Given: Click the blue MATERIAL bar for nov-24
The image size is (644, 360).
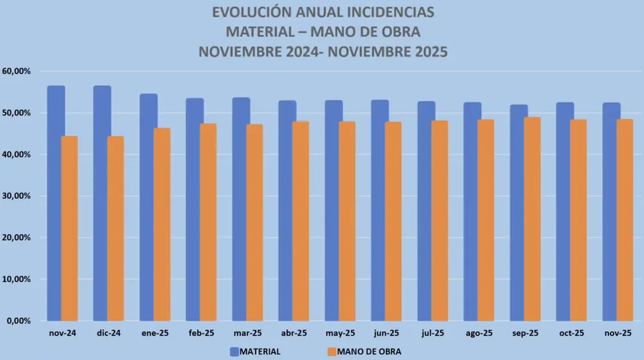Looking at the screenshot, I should (56, 203).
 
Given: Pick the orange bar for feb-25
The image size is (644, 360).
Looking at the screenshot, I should (208, 222).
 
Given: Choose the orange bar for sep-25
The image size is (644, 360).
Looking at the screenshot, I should (532, 219).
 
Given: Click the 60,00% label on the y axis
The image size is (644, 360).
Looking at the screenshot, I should (17, 71).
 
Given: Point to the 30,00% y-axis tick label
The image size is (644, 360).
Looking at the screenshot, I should (17, 196).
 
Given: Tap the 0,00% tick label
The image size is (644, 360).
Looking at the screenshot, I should (19, 321).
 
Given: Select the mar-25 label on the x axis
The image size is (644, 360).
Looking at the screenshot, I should (247, 333).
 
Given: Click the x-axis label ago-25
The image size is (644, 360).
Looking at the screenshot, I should (478, 333).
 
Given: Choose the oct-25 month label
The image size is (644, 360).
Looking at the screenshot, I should (571, 333).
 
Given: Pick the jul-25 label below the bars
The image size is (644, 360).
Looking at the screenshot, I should (432, 333).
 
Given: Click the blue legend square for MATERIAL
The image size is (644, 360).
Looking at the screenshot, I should (234, 352).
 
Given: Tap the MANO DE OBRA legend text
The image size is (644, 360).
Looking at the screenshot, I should (370, 352).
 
